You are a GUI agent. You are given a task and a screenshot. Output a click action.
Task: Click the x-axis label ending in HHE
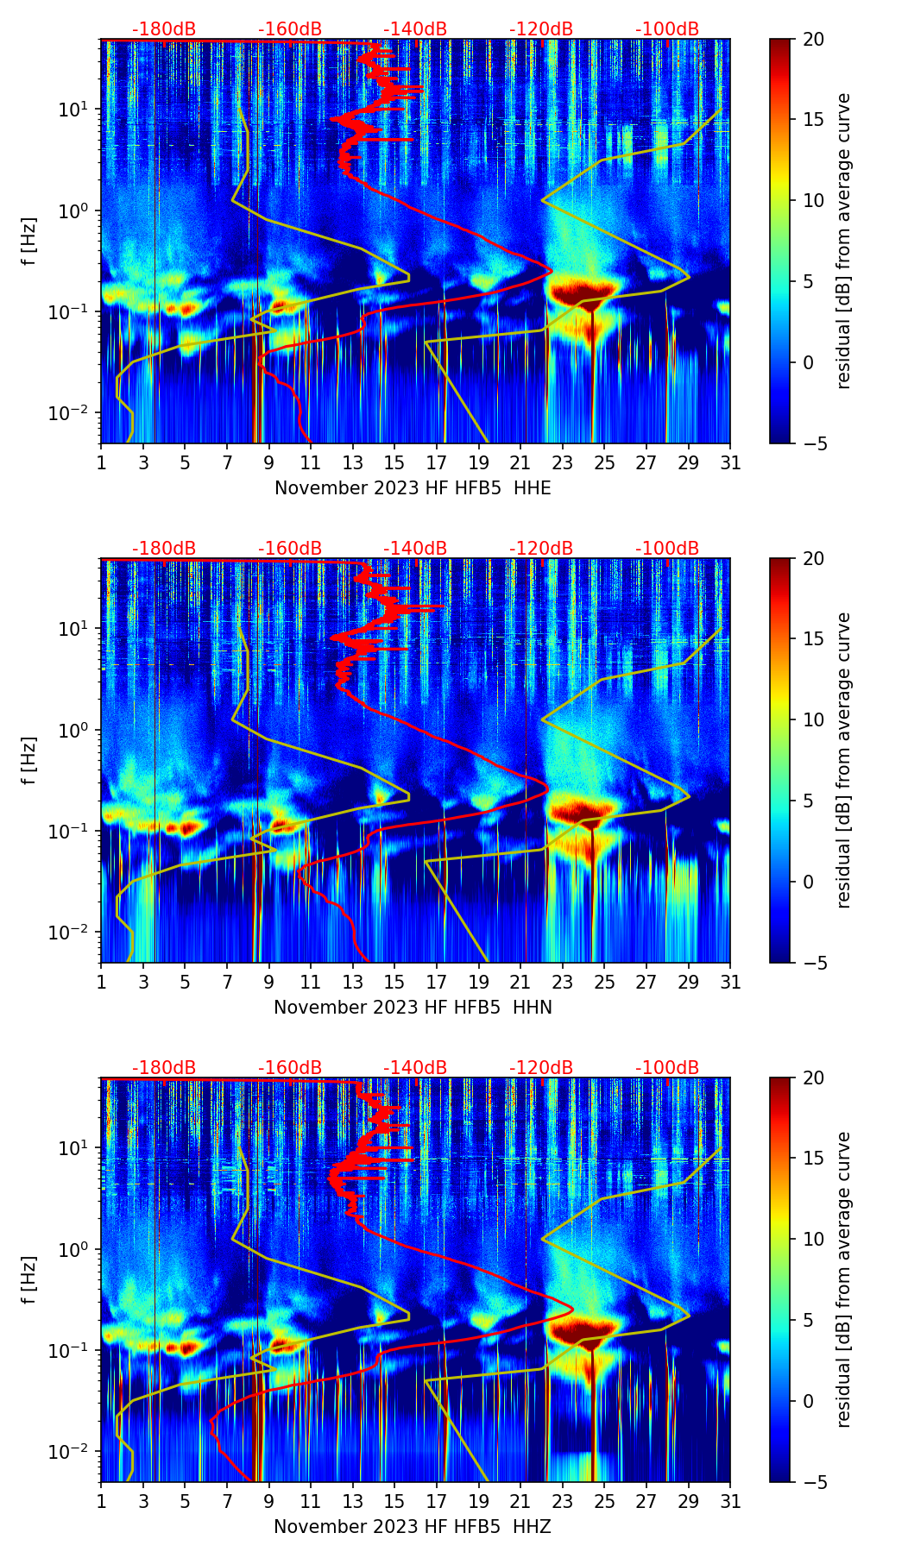click(413, 488)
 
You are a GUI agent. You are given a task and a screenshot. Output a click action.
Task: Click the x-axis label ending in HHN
click(413, 1008)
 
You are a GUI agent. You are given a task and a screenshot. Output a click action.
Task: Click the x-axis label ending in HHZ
click(413, 1527)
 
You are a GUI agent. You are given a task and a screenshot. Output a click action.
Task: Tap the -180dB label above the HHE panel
click(164, 29)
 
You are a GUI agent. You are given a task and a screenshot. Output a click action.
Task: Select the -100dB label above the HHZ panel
click(667, 1068)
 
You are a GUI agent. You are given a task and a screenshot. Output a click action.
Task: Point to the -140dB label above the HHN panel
click(415, 549)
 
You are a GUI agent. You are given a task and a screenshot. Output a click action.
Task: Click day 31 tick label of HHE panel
click(730, 463)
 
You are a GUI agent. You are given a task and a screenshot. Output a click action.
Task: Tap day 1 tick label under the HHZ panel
click(101, 1502)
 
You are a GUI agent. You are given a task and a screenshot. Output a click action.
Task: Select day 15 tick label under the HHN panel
click(394, 983)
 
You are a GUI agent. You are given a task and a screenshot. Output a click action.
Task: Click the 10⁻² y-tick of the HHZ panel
click(74, 1452)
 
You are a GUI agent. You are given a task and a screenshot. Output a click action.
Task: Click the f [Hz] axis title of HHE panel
click(29, 242)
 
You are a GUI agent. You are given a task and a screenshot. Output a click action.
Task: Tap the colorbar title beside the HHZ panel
click(843, 1279)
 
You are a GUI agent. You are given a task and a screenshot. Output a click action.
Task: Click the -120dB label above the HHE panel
click(541, 29)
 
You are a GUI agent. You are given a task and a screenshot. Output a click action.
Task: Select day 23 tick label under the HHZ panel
click(563, 1502)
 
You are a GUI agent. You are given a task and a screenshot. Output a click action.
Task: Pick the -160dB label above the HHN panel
click(290, 549)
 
